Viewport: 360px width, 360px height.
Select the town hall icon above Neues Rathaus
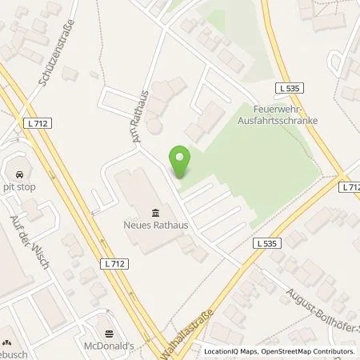[x=154, y=212]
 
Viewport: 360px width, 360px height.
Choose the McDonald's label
[x=110, y=347]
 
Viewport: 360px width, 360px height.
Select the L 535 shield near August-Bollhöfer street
[x=266, y=242]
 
